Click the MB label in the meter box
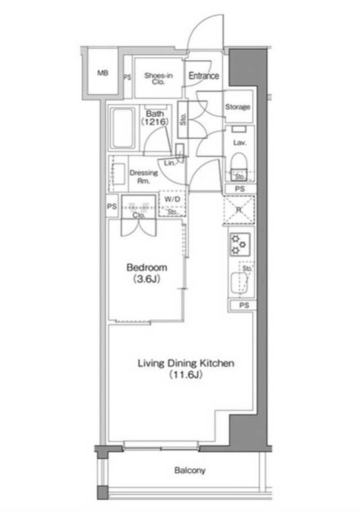(103, 73)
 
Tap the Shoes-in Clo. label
(158, 78)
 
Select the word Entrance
(204, 75)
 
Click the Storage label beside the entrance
(237, 107)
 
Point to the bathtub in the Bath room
(123, 129)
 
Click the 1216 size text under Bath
(155, 121)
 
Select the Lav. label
(240, 143)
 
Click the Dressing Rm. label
(144, 176)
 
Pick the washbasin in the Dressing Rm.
(119, 174)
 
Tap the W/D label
(172, 199)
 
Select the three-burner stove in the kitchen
(240, 245)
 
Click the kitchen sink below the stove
(239, 283)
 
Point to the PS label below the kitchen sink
(244, 304)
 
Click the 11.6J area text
(186, 375)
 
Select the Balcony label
(190, 470)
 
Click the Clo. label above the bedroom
(138, 216)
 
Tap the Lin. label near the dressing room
(169, 163)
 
